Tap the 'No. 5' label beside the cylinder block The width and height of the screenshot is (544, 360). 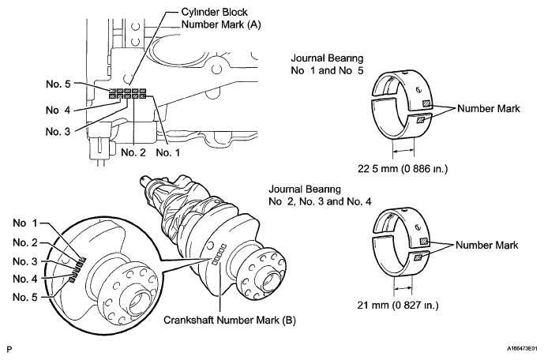pyautogui.click(x=58, y=84)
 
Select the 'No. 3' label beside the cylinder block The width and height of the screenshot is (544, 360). pyautogui.click(x=58, y=132)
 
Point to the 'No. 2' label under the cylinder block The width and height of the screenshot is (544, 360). pyautogui.click(x=133, y=152)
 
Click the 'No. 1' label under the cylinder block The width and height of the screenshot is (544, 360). pyautogui.click(x=168, y=152)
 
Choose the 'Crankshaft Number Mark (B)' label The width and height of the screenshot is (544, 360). pyautogui.click(x=230, y=320)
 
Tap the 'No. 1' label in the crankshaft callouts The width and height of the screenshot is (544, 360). pyautogui.click(x=24, y=223)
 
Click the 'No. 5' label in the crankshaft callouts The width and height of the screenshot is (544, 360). pyautogui.click(x=24, y=297)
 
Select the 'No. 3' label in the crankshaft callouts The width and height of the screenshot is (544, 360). pyautogui.click(x=25, y=261)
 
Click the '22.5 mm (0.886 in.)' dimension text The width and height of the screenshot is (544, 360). pyautogui.click(x=403, y=169)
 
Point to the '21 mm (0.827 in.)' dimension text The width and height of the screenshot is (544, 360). pyautogui.click(x=398, y=306)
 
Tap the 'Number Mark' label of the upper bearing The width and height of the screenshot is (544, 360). pyautogui.click(x=489, y=109)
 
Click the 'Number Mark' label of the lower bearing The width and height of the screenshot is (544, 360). pyautogui.click(x=486, y=246)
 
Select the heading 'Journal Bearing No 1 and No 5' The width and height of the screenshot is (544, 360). pyautogui.click(x=327, y=65)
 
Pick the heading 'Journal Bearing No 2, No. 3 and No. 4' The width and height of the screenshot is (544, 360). pyautogui.click(x=320, y=196)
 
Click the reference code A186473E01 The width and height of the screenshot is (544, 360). pyautogui.click(x=522, y=349)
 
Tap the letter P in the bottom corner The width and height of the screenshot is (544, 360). pyautogui.click(x=9, y=349)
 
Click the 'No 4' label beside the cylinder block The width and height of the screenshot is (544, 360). pyautogui.click(x=58, y=111)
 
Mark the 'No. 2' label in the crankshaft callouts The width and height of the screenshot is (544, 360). pyautogui.click(x=25, y=243)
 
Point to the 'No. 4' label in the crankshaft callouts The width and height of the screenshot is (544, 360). pyautogui.click(x=25, y=279)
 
